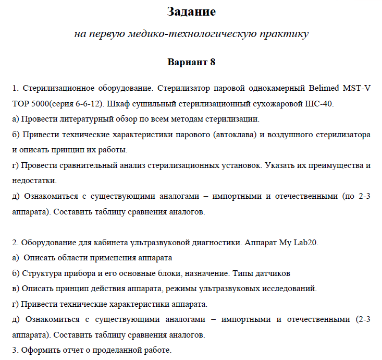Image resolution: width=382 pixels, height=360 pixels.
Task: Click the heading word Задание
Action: pos(191,11)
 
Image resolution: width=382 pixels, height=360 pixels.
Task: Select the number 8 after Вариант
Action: pos(213,63)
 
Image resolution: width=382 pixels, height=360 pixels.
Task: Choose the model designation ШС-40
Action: pos(319,103)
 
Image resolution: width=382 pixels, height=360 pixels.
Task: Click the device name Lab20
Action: pos(306,243)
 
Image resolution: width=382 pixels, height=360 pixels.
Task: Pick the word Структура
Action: pos(43,273)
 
